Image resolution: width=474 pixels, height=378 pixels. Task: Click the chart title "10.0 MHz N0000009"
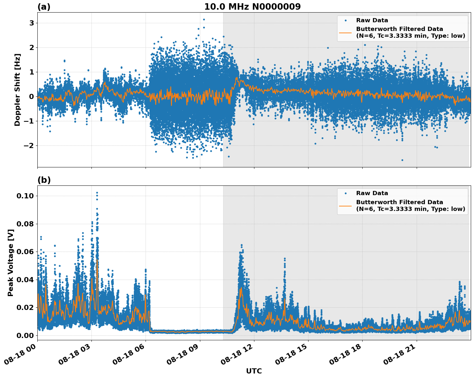252,7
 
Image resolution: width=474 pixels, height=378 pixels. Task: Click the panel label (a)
44,7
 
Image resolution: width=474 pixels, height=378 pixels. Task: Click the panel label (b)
44,180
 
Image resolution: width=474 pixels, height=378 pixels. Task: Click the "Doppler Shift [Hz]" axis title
17,90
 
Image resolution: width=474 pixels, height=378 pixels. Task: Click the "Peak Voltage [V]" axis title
11,263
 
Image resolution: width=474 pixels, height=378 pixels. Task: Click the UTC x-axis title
254,371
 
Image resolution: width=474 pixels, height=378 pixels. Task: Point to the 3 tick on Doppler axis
32,23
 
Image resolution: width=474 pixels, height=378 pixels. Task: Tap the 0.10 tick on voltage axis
26,196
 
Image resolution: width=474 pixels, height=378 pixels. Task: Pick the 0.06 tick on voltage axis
26,252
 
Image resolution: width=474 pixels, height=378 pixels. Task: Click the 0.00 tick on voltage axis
26,335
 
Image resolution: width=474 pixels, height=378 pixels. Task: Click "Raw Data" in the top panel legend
372,20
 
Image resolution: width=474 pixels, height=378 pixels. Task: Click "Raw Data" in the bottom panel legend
372,193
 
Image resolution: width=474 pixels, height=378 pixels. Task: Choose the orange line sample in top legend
346,32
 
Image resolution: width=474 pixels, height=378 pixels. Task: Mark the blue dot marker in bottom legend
346,193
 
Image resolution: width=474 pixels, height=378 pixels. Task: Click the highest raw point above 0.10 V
97,193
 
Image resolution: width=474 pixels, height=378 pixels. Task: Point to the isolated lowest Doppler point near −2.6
402,160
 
